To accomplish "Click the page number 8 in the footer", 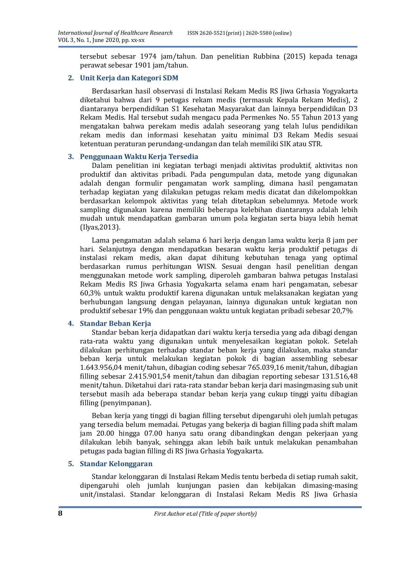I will (x=60, y=513).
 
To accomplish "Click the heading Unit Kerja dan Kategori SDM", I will (x=129, y=78).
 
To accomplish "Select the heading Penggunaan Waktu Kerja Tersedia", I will (x=139, y=157).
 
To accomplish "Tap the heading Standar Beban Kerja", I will (x=115, y=324).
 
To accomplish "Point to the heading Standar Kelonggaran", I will (x=116, y=464).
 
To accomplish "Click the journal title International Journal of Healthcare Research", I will (x=115, y=33).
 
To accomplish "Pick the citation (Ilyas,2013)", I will (x=100, y=227).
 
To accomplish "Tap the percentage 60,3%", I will (x=90, y=293).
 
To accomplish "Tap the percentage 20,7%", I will (x=342, y=311).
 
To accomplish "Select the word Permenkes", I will (x=256, y=117).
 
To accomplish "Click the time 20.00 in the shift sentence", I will (x=105, y=433).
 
